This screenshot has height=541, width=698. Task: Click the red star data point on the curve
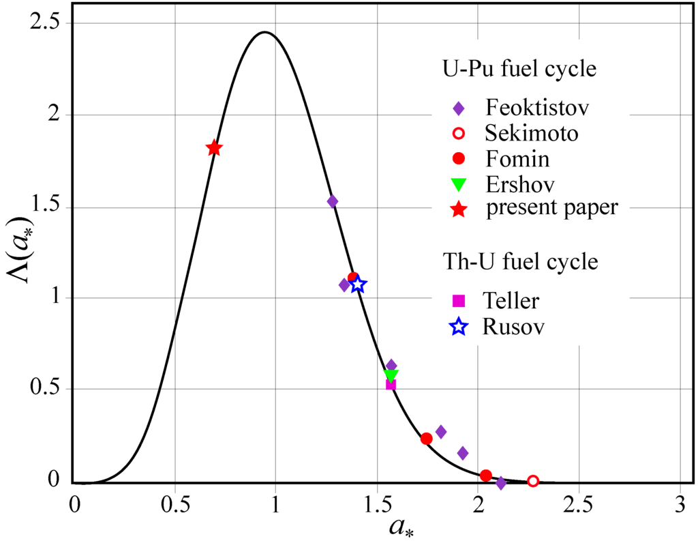pyautogui.click(x=213, y=148)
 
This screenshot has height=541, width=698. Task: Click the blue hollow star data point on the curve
pyautogui.click(x=358, y=284)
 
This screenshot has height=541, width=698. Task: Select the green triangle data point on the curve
pyautogui.click(x=391, y=375)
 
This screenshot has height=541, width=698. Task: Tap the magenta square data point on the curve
pyautogui.click(x=391, y=385)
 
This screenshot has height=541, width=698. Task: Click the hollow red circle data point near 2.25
pyautogui.click(x=533, y=481)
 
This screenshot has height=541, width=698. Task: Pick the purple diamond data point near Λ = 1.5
pyautogui.click(x=333, y=201)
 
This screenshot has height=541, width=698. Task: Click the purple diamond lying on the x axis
pyautogui.click(x=501, y=483)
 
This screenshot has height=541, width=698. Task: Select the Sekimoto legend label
pyautogui.click(x=532, y=133)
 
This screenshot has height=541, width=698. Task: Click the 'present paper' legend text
pyautogui.click(x=551, y=208)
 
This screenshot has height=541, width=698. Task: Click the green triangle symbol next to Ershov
pyautogui.click(x=459, y=184)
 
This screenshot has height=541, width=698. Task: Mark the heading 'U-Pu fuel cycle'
pyautogui.click(x=519, y=70)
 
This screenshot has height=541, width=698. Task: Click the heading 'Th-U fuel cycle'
pyautogui.click(x=521, y=261)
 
